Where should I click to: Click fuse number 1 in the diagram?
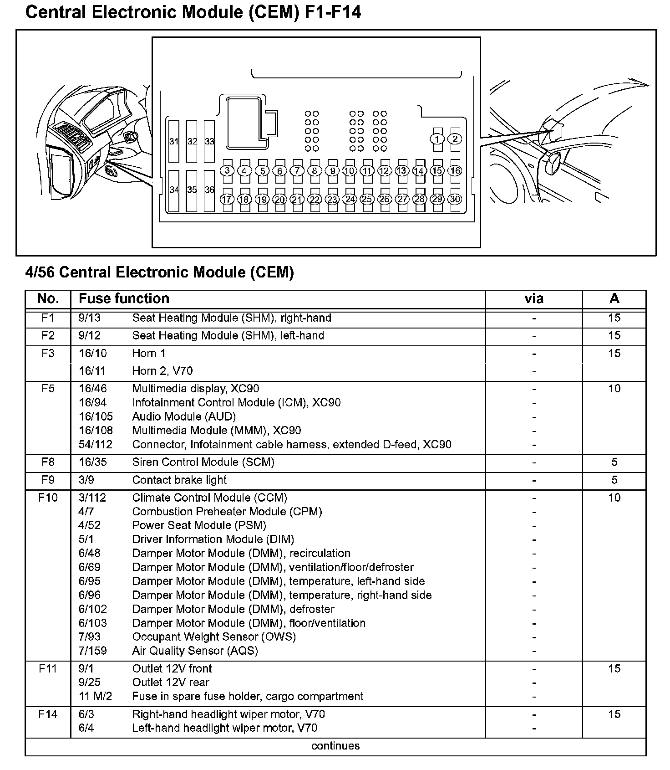(437, 139)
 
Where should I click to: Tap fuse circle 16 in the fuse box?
(455, 171)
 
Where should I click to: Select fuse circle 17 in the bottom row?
(227, 200)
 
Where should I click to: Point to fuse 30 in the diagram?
(455, 199)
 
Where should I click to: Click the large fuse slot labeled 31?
(174, 141)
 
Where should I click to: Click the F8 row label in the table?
(48, 462)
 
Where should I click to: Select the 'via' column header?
(533, 299)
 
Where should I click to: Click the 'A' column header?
(614, 299)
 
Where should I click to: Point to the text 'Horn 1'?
(149, 353)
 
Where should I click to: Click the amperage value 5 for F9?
(614, 480)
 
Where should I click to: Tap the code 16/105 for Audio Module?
(96, 416)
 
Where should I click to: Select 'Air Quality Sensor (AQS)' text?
(195, 651)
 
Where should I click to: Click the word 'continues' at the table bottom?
(335, 746)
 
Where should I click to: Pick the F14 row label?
(48, 714)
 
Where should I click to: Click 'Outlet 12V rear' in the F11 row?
(171, 683)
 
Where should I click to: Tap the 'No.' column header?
(48, 299)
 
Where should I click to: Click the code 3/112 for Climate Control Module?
(92, 498)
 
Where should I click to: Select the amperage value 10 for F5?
(614, 389)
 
